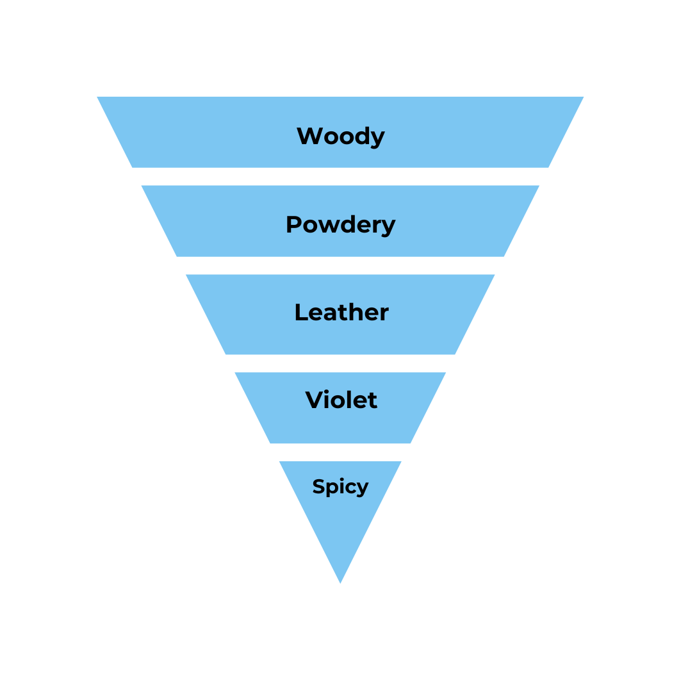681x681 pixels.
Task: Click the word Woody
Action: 340,136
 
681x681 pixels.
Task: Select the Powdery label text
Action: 340,225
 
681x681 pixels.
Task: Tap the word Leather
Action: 341,313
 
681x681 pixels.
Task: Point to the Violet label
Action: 341,400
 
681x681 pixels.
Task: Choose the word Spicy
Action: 340,487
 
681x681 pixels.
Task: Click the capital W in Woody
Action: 309,136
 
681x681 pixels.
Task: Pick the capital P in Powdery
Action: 293,224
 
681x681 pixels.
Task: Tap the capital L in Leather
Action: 300,313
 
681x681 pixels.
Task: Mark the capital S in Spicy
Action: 318,487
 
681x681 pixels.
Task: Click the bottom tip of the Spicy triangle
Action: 340,582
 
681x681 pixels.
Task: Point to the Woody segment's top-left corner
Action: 99,97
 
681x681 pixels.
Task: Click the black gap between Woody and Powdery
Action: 340,176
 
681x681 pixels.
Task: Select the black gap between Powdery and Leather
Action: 340,265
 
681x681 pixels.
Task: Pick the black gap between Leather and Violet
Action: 340,363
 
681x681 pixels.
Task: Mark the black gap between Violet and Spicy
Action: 340,452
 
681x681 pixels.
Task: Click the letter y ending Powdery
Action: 390,227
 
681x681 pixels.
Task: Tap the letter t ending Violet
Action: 372,400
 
